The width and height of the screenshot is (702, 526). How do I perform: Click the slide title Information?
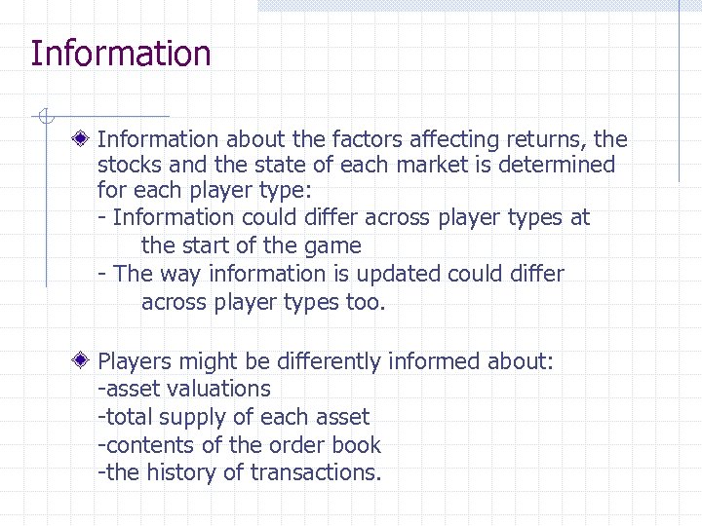(x=120, y=54)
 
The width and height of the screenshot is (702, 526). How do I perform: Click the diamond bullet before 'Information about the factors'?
(x=86, y=140)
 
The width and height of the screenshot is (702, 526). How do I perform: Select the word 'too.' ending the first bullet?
(x=366, y=302)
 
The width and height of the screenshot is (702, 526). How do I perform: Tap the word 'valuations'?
(x=216, y=389)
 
